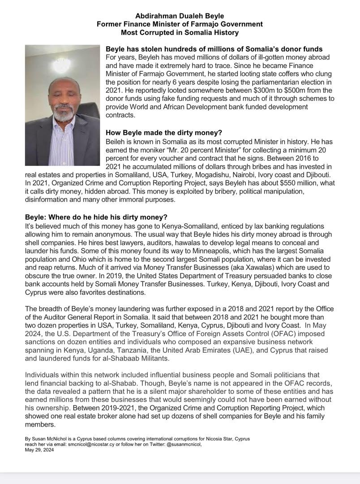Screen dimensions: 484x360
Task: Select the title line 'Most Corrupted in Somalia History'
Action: click(180, 32)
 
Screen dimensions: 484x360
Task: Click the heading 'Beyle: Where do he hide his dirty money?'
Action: click(96, 217)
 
